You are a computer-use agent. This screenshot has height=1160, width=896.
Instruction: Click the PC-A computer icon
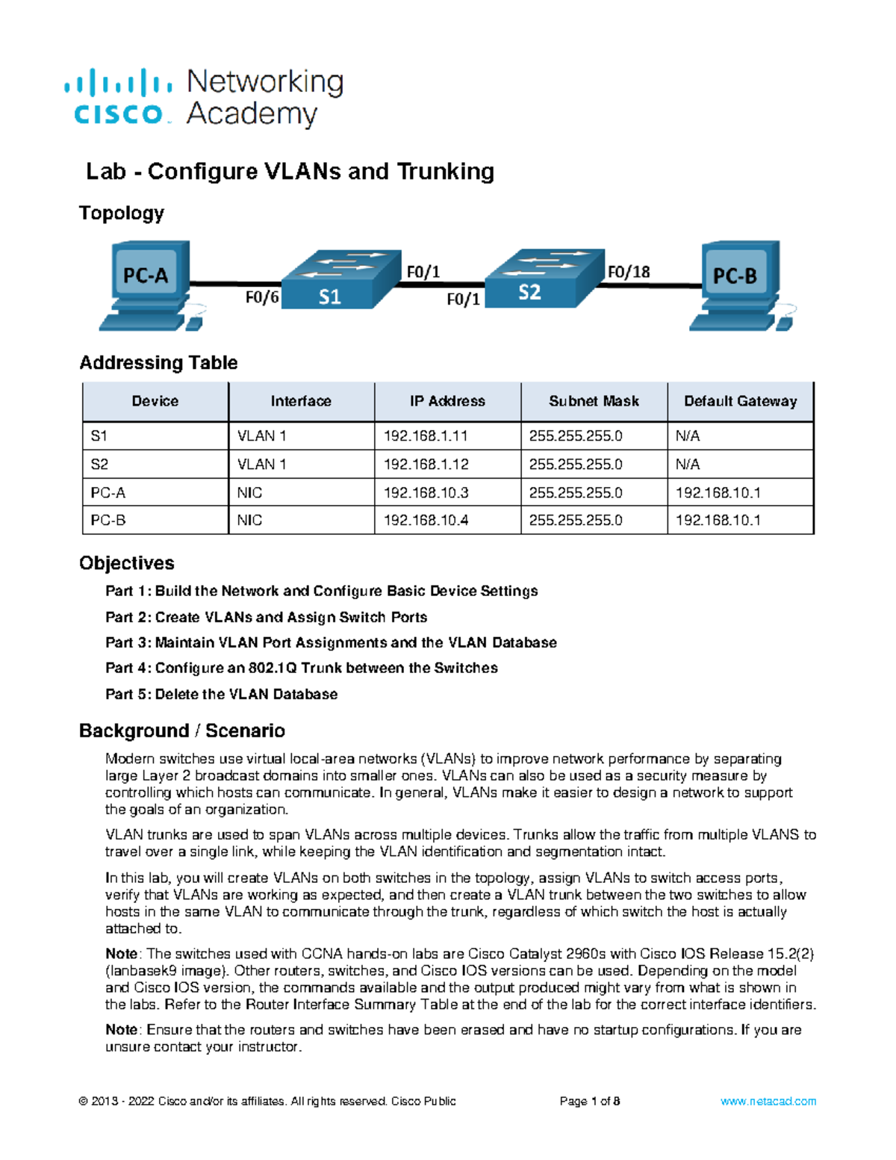[149, 284]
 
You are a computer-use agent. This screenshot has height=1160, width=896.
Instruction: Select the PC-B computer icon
[739, 284]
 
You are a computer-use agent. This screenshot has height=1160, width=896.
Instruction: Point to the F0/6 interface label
[262, 297]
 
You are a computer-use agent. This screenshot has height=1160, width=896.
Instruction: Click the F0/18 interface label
[628, 272]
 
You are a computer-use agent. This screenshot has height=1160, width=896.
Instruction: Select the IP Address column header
[447, 401]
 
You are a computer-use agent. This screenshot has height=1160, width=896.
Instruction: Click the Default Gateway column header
[740, 401]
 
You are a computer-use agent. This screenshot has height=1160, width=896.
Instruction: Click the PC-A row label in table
[108, 493]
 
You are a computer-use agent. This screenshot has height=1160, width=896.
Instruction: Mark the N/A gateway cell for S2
[688, 465]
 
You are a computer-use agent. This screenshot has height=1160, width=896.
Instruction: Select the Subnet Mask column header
[594, 401]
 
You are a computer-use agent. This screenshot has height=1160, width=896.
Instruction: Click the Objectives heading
[127, 563]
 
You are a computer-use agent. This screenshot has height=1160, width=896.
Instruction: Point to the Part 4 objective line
[301, 668]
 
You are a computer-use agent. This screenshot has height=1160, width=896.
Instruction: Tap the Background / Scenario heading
[182, 731]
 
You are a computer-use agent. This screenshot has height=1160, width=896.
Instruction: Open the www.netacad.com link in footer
[768, 1101]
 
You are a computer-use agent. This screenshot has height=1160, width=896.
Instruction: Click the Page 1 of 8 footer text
[590, 1101]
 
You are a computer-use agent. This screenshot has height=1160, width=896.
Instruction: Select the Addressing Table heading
[158, 363]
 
